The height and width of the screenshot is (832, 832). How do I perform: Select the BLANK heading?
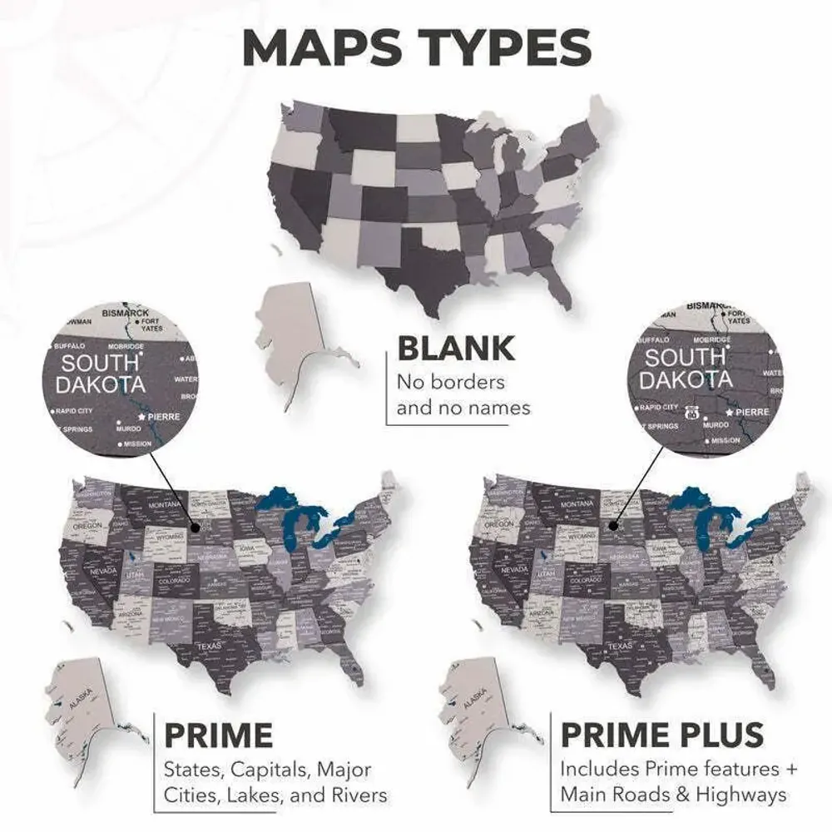tap(455, 349)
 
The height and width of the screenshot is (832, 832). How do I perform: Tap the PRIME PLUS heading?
tap(662, 735)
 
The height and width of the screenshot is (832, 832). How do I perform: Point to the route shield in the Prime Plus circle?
tap(690, 413)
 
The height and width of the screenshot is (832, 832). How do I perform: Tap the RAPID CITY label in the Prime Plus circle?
tap(660, 408)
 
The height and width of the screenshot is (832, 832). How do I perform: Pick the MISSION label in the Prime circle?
tap(137, 443)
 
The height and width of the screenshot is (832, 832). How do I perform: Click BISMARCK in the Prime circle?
tap(126, 313)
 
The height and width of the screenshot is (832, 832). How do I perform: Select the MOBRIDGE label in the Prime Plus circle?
tap(715, 339)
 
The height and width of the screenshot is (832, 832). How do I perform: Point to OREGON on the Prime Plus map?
tap(499, 525)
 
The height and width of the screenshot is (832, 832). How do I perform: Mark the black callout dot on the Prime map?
tap(194, 526)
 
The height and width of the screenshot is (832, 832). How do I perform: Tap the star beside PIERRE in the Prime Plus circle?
tap(729, 413)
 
